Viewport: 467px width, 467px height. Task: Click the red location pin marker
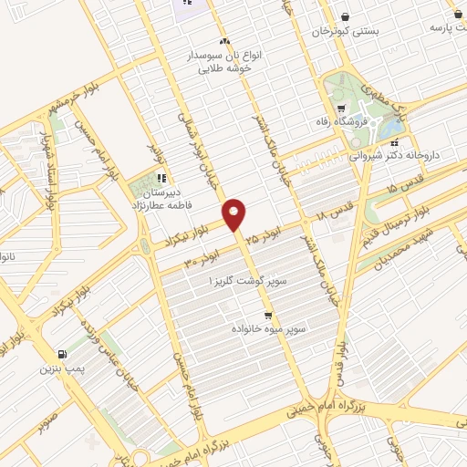click(x=234, y=213)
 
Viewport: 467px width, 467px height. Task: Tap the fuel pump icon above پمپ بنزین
click(x=61, y=355)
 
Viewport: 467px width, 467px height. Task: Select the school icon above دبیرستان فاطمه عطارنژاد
click(x=161, y=178)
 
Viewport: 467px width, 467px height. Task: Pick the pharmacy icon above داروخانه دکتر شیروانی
click(x=394, y=140)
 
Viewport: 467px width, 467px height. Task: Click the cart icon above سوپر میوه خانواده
click(x=266, y=311)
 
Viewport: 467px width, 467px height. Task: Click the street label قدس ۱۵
click(x=403, y=188)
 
